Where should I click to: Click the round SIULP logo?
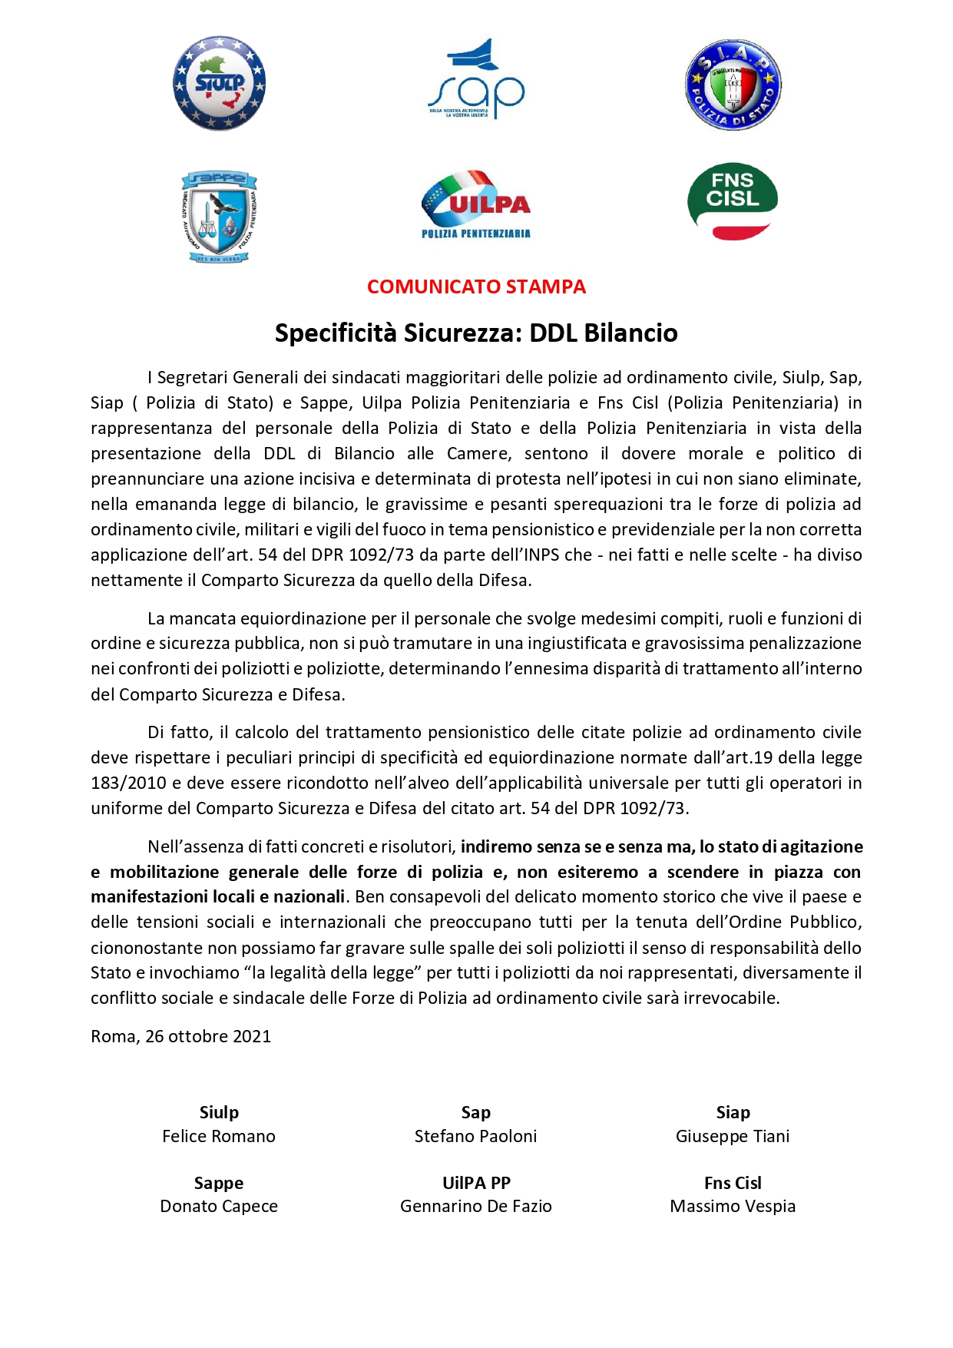coord(219,83)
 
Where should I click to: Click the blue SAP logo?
coord(476,80)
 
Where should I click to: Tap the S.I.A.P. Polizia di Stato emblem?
coord(733,85)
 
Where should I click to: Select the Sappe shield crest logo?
coord(219,217)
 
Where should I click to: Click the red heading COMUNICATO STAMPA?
coord(476,287)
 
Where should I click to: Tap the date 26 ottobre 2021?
coord(208,1037)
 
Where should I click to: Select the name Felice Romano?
coord(219,1137)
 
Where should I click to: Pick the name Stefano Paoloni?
coord(476,1137)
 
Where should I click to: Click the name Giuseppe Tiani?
coord(733,1137)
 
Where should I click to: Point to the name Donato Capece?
coord(219,1207)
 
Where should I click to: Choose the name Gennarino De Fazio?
coord(476,1207)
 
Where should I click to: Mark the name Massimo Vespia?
coord(733,1207)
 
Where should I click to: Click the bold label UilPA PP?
coord(476,1184)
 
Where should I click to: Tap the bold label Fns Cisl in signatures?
coord(733,1184)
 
